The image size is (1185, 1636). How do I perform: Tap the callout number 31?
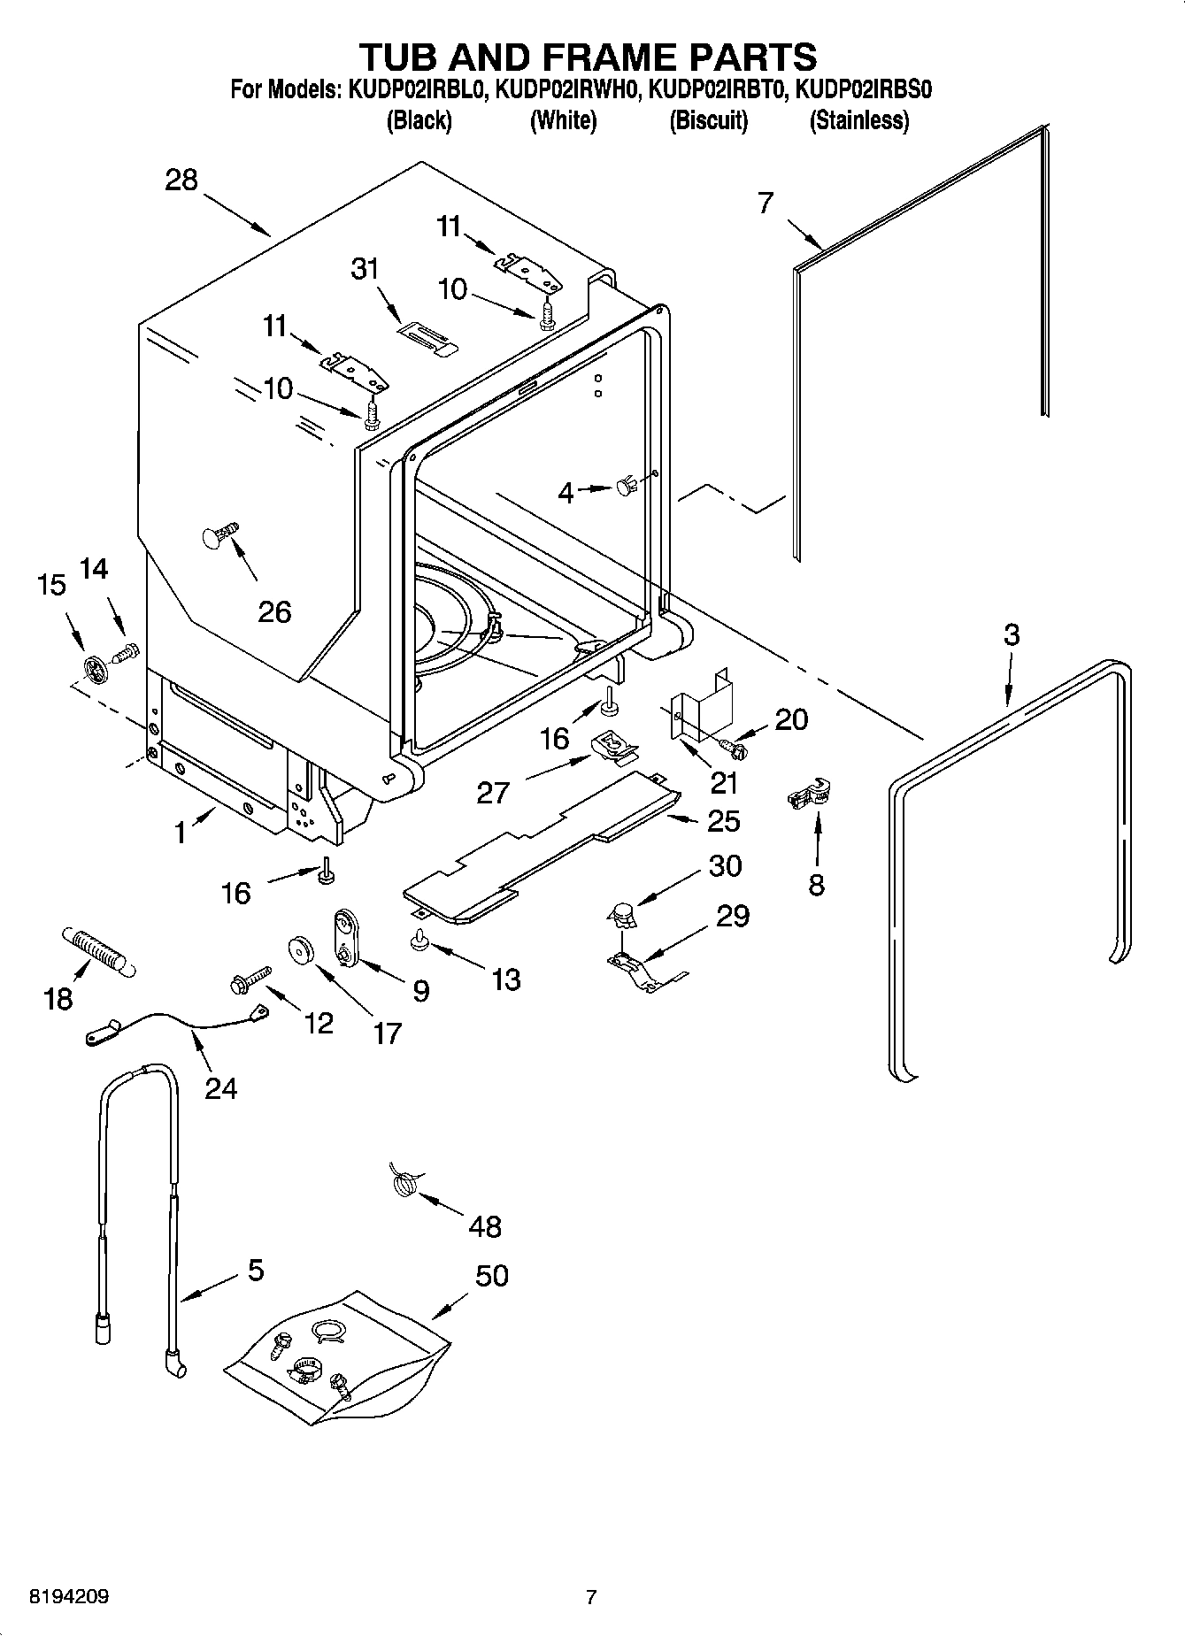pyautogui.click(x=365, y=269)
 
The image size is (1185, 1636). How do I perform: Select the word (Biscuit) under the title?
pyautogui.click(x=708, y=120)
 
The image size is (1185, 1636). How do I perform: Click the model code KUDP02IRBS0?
pyautogui.click(x=865, y=89)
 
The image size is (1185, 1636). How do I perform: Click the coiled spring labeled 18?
pyautogui.click(x=96, y=952)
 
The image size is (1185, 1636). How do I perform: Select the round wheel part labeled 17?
pyautogui.click(x=303, y=951)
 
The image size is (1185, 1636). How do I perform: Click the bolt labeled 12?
pyautogui.click(x=248, y=979)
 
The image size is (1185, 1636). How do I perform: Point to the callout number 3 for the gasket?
pyautogui.click(x=1011, y=635)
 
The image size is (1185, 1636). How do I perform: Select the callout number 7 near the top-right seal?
pyautogui.click(x=766, y=203)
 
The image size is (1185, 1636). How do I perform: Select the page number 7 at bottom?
pyautogui.click(x=591, y=1598)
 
